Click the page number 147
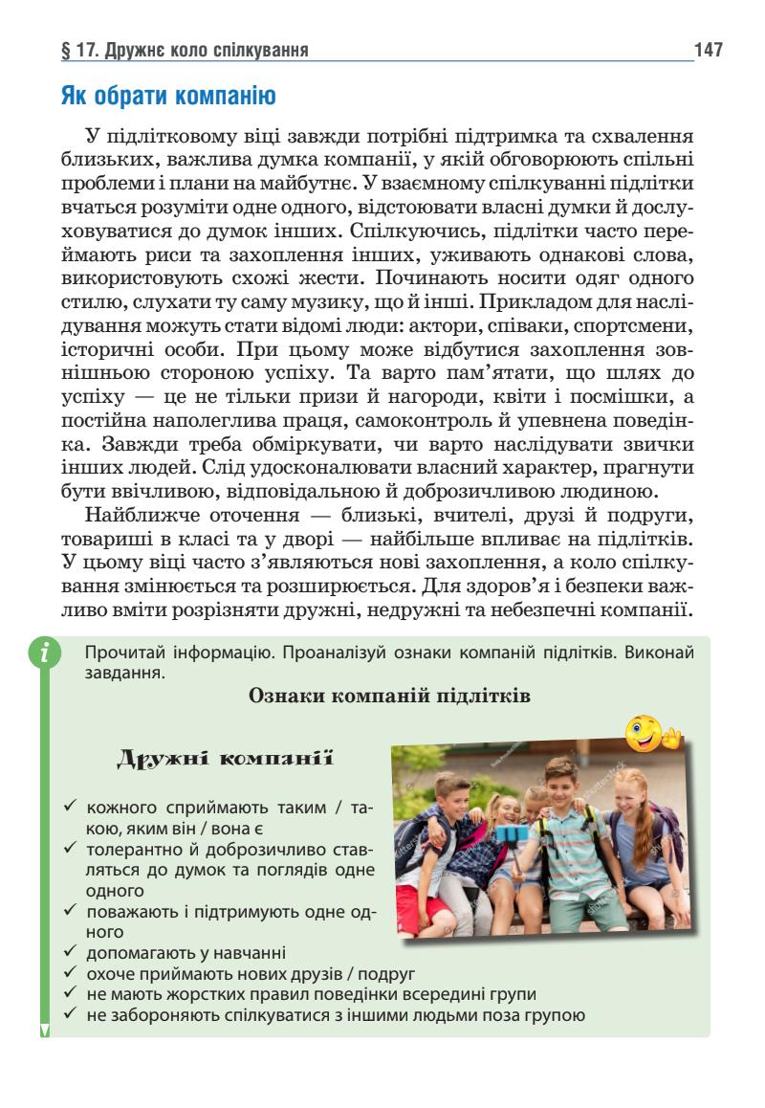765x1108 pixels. pyautogui.click(x=709, y=49)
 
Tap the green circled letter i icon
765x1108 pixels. pyautogui.click(x=44, y=654)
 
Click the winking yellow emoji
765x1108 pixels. pyautogui.click(x=650, y=733)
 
